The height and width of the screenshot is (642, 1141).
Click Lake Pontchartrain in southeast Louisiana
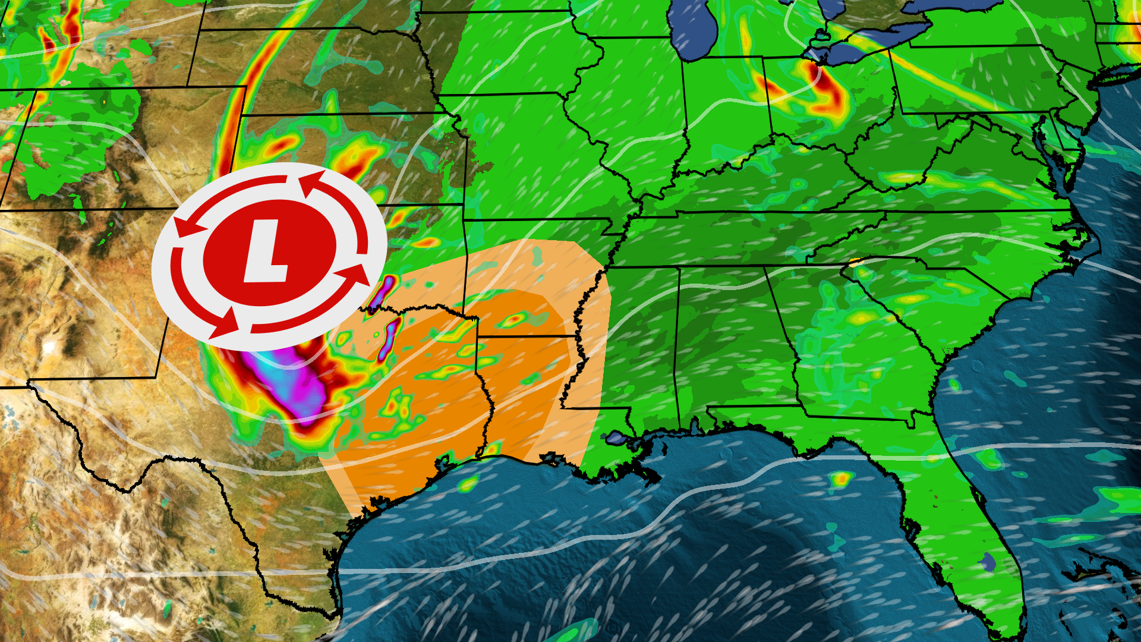614,439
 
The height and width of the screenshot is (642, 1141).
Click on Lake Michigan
695,30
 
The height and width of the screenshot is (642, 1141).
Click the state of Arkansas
523,262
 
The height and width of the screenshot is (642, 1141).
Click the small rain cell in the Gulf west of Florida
841,479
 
